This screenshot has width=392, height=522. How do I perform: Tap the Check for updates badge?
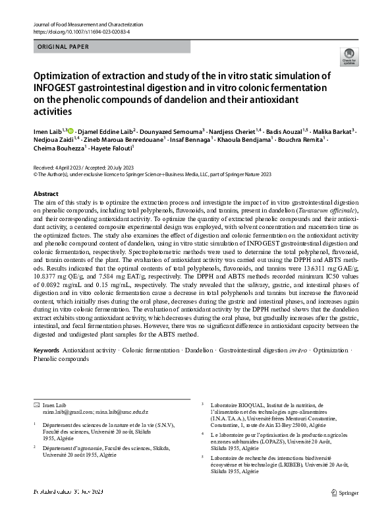347,57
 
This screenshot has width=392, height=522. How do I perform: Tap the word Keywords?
46,350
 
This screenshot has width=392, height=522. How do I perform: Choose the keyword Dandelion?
199,350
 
